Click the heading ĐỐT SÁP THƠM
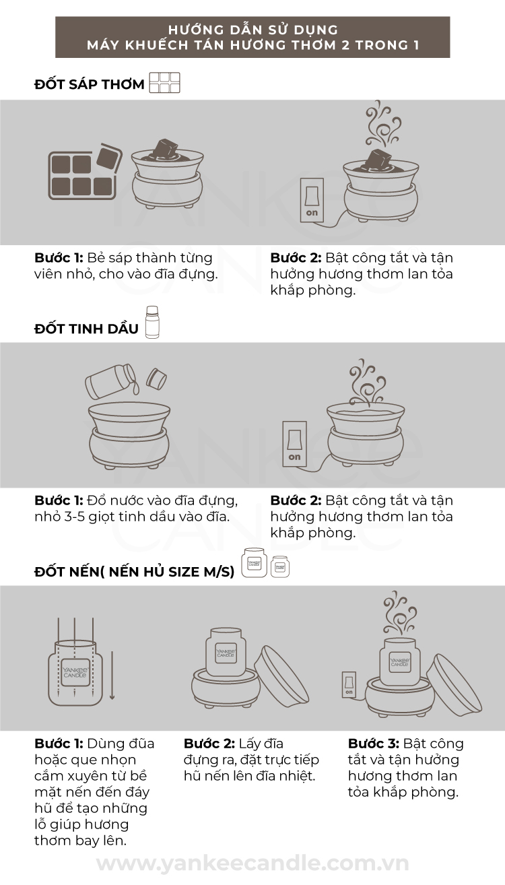pyautogui.click(x=90, y=84)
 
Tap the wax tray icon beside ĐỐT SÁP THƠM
pyautogui.click(x=165, y=83)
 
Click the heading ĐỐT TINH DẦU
pyautogui.click(x=86, y=329)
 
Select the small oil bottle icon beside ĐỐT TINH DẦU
pyautogui.click(x=152, y=322)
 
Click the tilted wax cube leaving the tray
pyautogui.click(x=109, y=157)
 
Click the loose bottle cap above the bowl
pyautogui.click(x=156, y=379)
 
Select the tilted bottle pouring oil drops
pyautogui.click(x=111, y=381)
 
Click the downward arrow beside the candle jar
pyautogui.click(x=112, y=676)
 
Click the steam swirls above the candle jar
pyautogui.click(x=399, y=615)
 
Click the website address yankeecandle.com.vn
pyautogui.click(x=252, y=863)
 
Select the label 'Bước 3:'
pyautogui.click(x=374, y=744)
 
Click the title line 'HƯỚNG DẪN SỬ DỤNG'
pyautogui.click(x=253, y=30)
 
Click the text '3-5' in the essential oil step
pyautogui.click(x=74, y=517)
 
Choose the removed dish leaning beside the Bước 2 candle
pyautogui.click(x=281, y=676)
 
